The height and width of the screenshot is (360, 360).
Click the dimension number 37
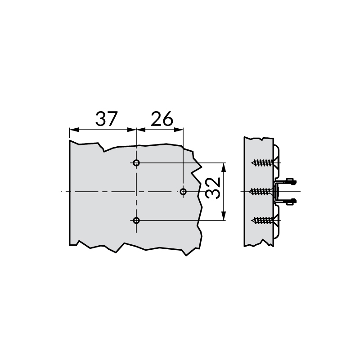106,119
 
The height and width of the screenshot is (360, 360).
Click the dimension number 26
162,119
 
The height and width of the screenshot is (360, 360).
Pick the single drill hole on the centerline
183,192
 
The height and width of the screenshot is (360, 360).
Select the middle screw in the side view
264,192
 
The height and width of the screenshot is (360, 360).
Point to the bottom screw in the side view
264,220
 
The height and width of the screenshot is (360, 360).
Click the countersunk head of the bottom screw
274,220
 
